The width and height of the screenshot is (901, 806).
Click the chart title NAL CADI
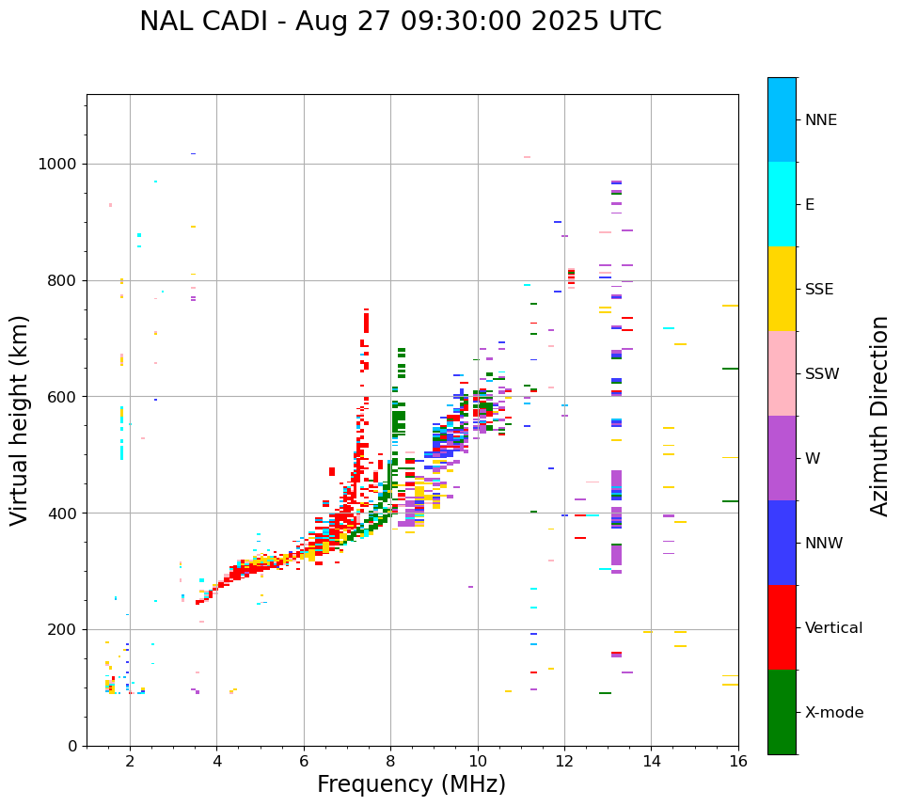(x=400, y=22)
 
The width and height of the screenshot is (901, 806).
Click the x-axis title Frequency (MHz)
(x=411, y=784)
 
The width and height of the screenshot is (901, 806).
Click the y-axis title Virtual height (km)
(x=20, y=419)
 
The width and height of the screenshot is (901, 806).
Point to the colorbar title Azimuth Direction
(x=879, y=415)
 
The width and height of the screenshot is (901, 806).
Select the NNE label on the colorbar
(x=820, y=120)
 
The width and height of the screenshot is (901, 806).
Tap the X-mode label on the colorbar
(x=833, y=713)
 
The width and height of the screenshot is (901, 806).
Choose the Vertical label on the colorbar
(x=833, y=628)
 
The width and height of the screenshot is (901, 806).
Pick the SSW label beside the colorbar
(x=822, y=374)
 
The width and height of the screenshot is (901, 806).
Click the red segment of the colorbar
(x=782, y=627)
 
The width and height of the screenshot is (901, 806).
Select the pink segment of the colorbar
(x=782, y=373)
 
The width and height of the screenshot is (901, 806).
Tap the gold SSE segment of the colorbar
(x=782, y=289)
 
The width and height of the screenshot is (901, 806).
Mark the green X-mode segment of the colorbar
(x=782, y=712)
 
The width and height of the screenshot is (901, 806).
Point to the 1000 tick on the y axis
(x=59, y=165)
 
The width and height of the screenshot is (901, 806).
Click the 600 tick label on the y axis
(x=64, y=397)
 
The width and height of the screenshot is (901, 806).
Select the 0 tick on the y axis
(x=72, y=746)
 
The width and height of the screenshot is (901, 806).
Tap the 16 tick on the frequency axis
(x=738, y=761)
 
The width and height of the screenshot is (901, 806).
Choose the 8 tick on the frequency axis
(x=390, y=761)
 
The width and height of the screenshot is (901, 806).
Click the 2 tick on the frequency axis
(x=130, y=761)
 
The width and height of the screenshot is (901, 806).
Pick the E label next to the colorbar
(x=810, y=205)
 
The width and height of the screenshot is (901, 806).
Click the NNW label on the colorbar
(x=823, y=544)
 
